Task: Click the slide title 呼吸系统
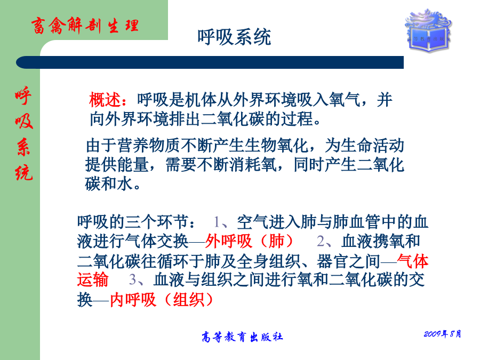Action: coord(234,37)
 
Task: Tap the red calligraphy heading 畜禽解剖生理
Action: coord(85,25)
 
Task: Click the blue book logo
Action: coord(429,30)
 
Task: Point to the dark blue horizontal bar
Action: coord(210,62)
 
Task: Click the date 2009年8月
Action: coord(442,334)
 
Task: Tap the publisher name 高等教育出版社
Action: coord(242,337)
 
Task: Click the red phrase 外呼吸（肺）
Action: coord(250,241)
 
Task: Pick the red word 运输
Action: coord(93,280)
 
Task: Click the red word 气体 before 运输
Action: coord(413,261)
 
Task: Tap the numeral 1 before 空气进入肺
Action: coord(217,222)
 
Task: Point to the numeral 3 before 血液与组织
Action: coord(133,280)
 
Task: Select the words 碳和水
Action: coord(109,183)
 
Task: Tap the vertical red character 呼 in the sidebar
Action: coord(23,96)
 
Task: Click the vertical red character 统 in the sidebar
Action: coord(23,172)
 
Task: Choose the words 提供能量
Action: coord(117,165)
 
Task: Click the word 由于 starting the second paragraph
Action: coord(101,146)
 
